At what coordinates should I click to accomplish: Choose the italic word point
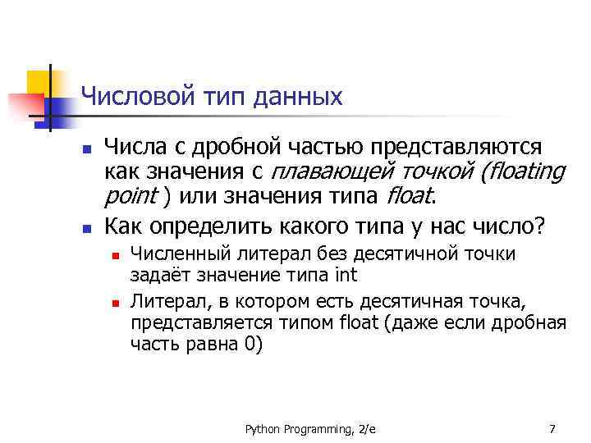pyautogui.click(x=131, y=197)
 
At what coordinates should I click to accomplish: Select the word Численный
pyautogui.click(x=182, y=254)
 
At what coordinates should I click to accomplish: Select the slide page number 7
pyautogui.click(x=552, y=428)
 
